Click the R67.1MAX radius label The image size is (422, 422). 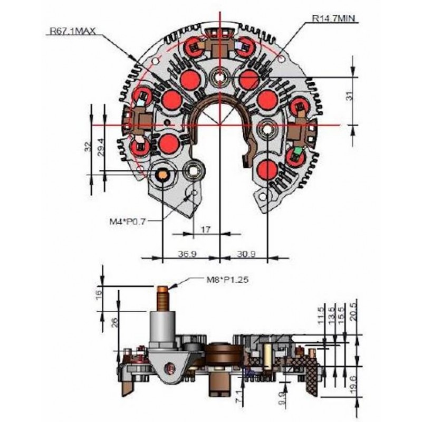coord(72,32)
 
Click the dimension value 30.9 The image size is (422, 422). coord(245,254)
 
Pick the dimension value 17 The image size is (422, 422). coord(206,229)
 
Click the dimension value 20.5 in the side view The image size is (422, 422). coord(359,314)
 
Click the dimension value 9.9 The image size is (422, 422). coord(282,395)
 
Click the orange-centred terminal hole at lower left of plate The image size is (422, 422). coord(162,174)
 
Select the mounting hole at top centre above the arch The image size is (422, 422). coord(219,79)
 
